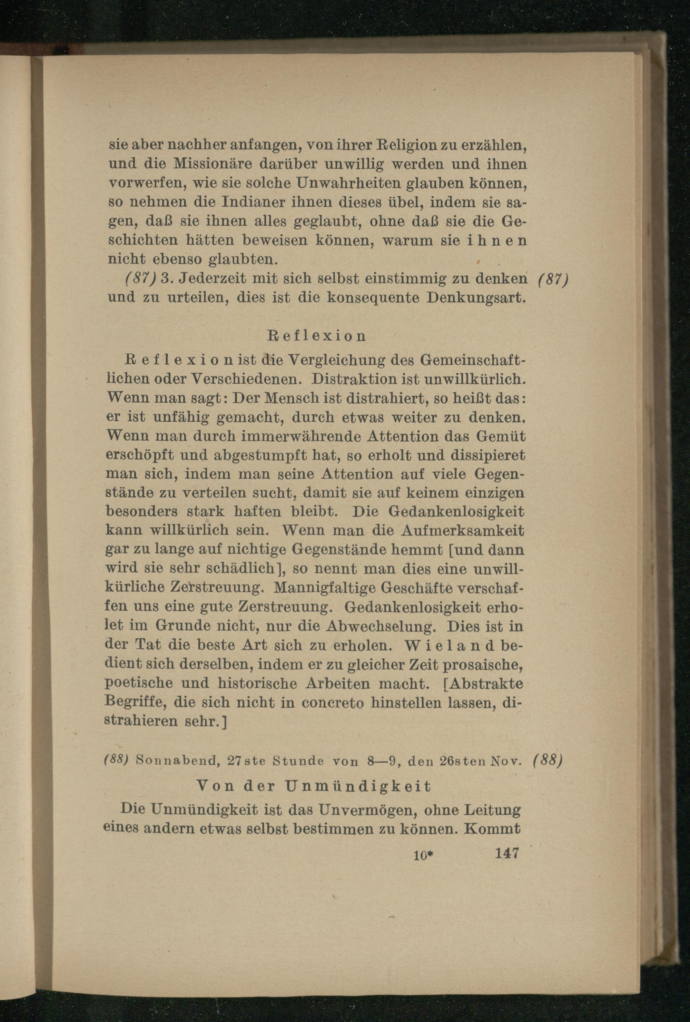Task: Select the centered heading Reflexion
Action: (x=317, y=336)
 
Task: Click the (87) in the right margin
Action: (x=553, y=280)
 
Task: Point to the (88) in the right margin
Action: (x=548, y=761)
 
